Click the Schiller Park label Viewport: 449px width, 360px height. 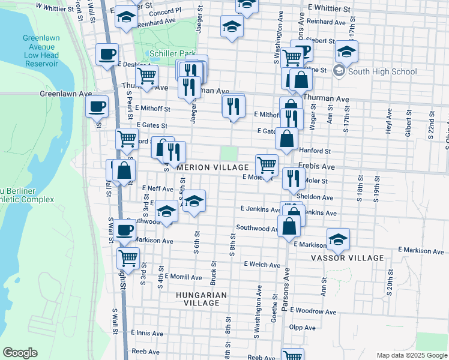(170, 53)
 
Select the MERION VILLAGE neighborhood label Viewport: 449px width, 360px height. (212, 167)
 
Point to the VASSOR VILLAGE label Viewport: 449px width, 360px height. (347, 258)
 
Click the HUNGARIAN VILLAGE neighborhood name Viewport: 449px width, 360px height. (202, 299)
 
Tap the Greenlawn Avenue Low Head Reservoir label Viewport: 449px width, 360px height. (40, 50)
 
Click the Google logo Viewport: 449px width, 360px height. (20, 353)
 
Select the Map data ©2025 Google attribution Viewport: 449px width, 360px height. (411, 355)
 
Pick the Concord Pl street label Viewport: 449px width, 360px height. (164, 11)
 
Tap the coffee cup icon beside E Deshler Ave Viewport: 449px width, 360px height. (107, 55)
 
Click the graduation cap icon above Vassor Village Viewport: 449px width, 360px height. (338, 239)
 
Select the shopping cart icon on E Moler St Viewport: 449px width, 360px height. (267, 164)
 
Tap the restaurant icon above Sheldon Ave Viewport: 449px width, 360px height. (293, 177)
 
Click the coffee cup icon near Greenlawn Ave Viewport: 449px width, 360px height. (97, 107)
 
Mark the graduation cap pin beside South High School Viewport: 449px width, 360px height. (346, 51)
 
